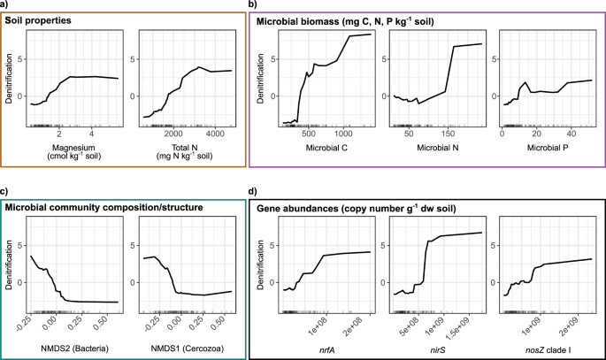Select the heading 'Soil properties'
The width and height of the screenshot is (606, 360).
[55, 19]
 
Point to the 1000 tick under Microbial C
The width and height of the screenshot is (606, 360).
[341, 134]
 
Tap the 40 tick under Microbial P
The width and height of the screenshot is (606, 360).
[571, 134]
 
